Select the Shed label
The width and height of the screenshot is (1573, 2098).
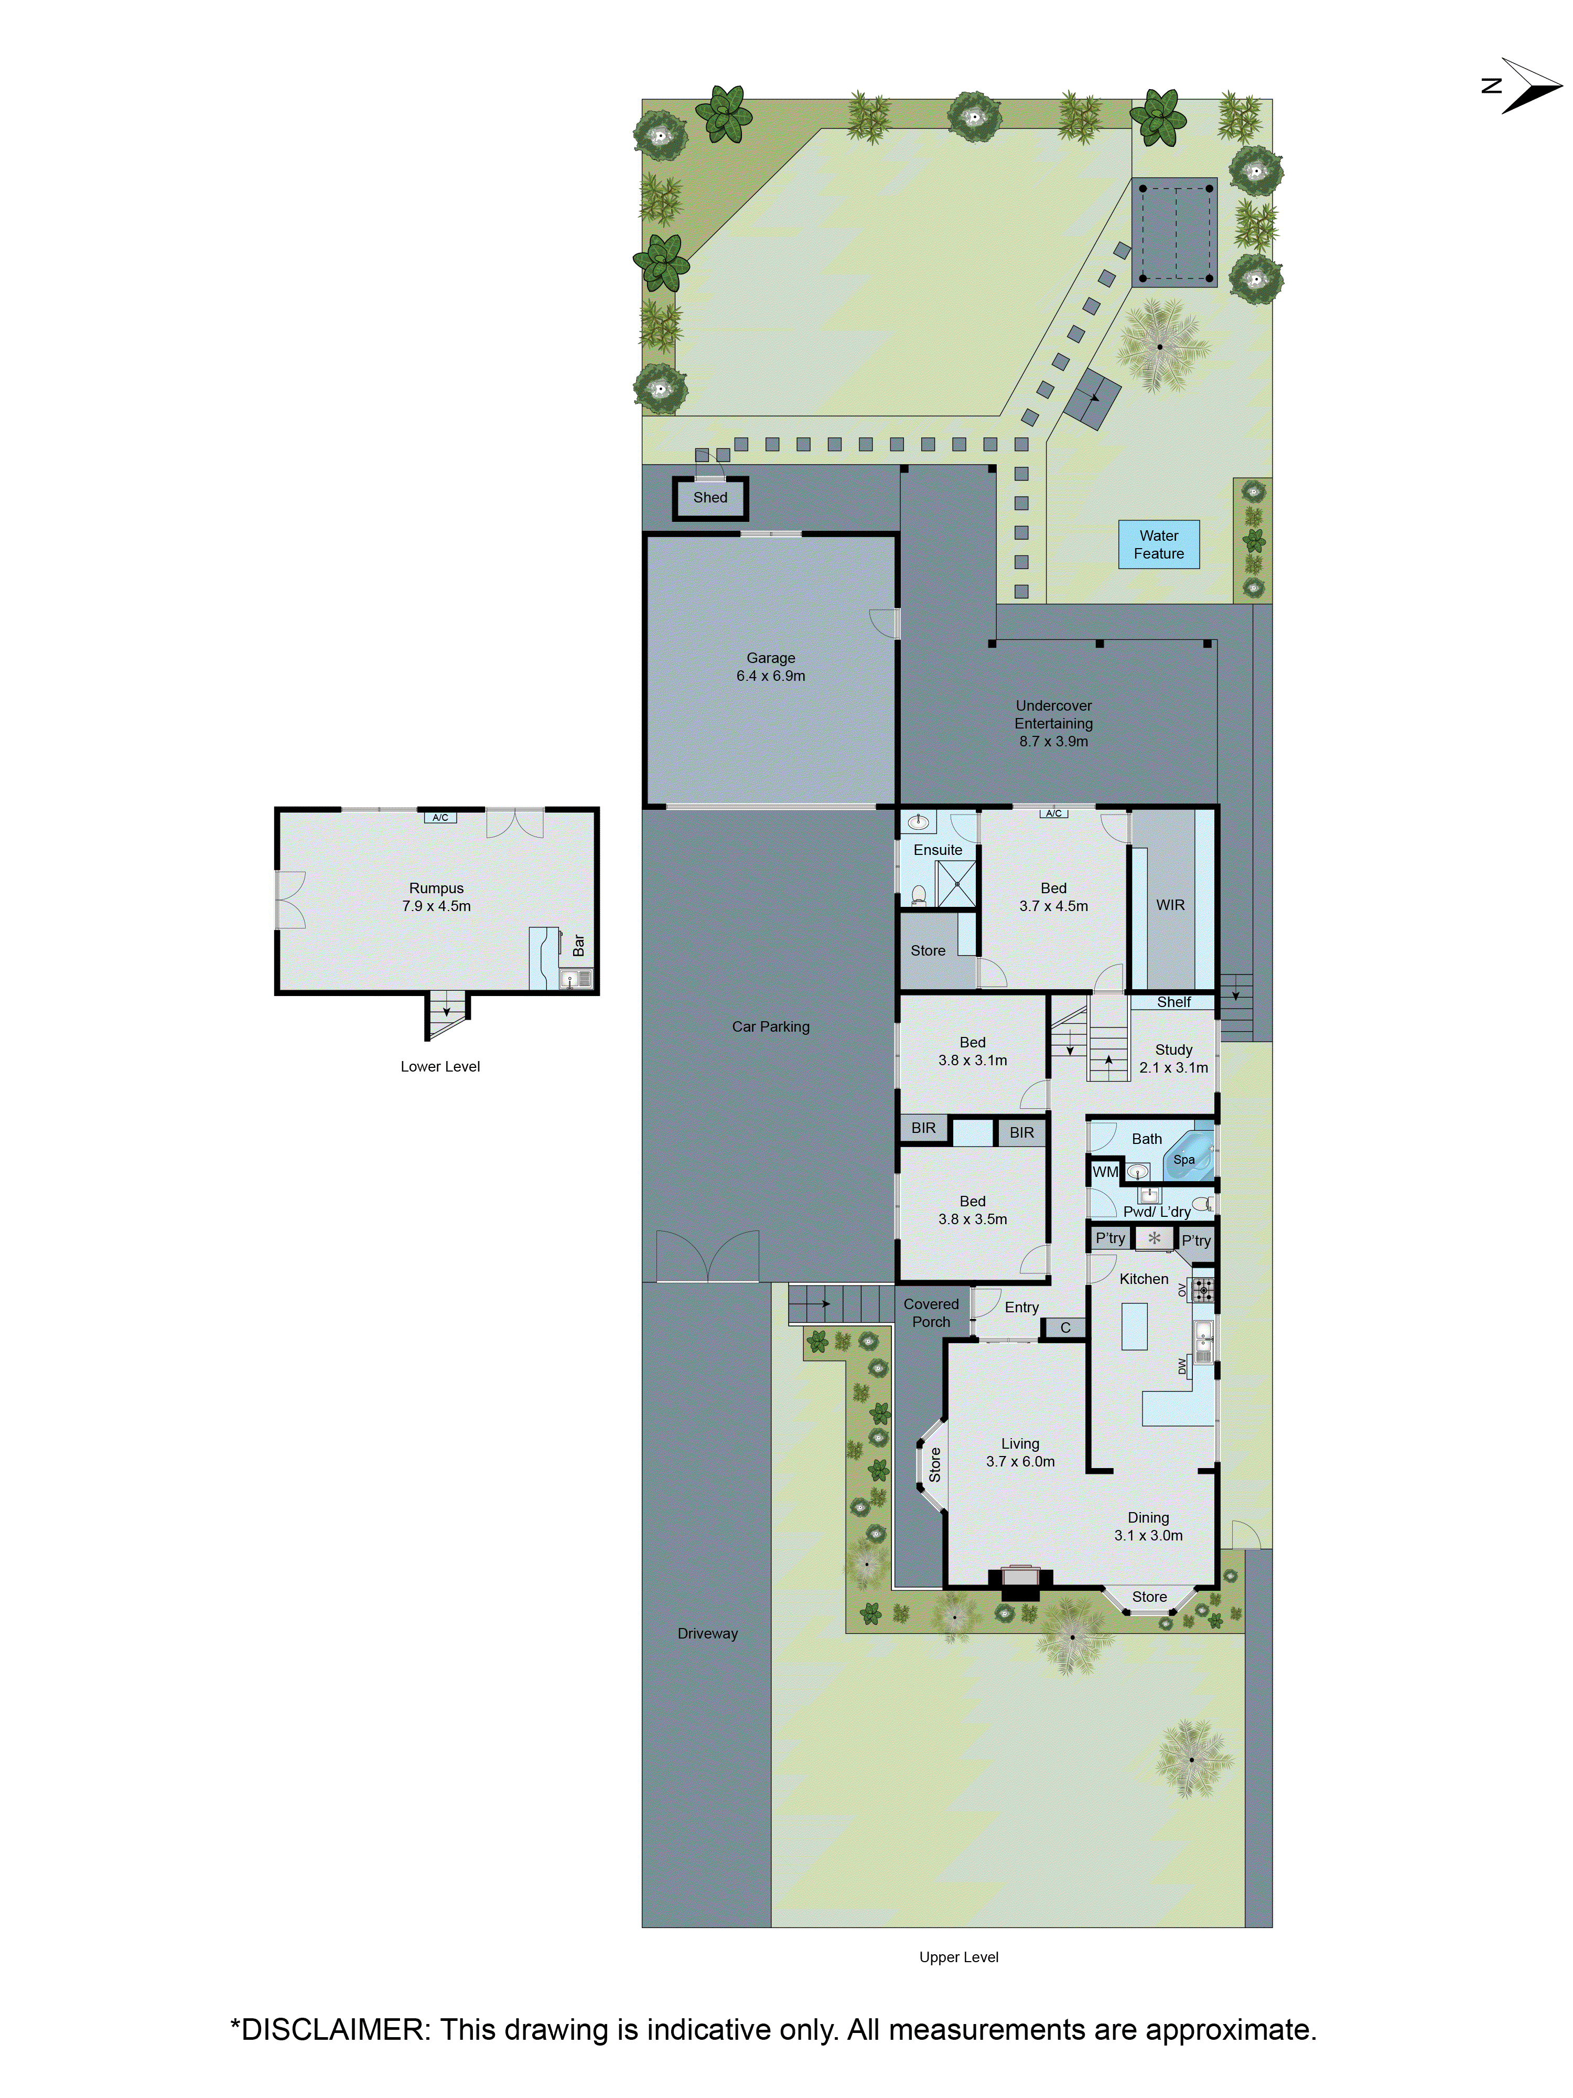coord(710,498)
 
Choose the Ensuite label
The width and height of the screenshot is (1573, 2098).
coord(937,850)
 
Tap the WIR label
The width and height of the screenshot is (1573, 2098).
coord(1170,905)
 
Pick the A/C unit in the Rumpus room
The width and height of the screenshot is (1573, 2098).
coord(440,818)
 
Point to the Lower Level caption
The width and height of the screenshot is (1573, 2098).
coord(440,1066)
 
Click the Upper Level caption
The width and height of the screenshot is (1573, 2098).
coord(958,1957)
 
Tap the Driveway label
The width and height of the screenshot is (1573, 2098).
coord(707,1633)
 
